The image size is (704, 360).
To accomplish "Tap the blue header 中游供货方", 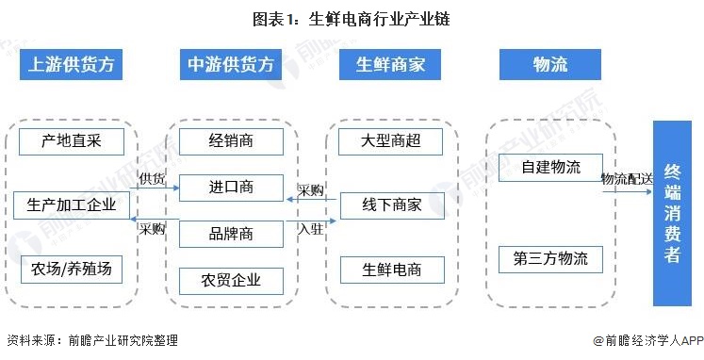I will tap(231, 64).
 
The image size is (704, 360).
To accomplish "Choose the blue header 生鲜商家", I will tap(390, 64).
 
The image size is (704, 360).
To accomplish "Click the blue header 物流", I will tap(550, 64).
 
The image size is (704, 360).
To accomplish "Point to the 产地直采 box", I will tap(71, 142).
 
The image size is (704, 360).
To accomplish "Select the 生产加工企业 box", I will tap(71, 205).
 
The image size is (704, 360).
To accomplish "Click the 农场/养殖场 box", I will tap(71, 270).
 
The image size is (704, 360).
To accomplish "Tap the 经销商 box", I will tap(231, 142).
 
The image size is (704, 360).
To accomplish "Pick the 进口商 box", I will tap(231, 187).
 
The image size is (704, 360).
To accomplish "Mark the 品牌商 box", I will tap(231, 232).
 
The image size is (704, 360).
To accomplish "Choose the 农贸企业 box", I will tap(231, 279).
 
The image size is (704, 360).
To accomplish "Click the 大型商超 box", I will tap(390, 142).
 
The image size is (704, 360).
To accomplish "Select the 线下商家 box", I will tap(390, 205).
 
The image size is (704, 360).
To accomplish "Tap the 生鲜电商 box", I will tap(390, 270).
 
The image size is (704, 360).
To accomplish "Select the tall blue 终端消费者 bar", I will tap(673, 213).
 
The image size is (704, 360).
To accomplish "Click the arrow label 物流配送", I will tap(626, 177).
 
